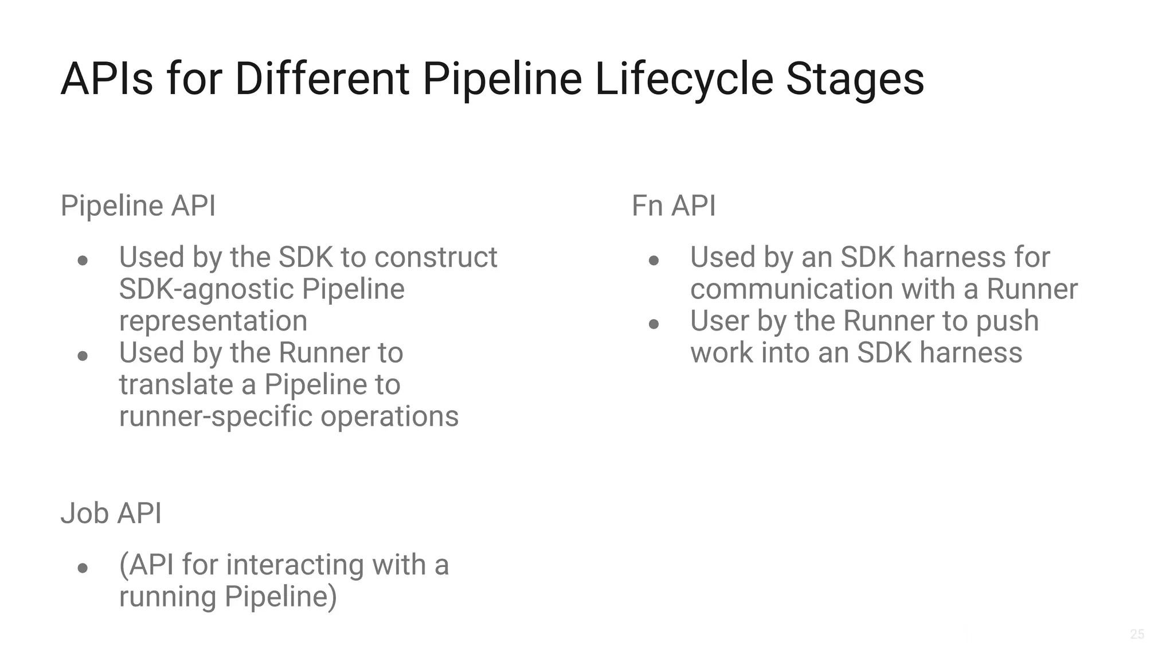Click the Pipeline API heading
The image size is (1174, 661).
pos(138,205)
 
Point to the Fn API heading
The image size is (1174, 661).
pos(674,205)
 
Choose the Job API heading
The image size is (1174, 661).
pos(111,513)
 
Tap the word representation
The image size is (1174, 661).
pos(213,321)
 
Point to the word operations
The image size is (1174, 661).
pos(390,417)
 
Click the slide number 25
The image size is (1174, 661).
pos(1137,634)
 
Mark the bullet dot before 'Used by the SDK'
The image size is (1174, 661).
pos(83,260)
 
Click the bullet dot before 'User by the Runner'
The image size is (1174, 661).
pos(653,324)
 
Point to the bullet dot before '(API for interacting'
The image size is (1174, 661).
pos(83,568)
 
